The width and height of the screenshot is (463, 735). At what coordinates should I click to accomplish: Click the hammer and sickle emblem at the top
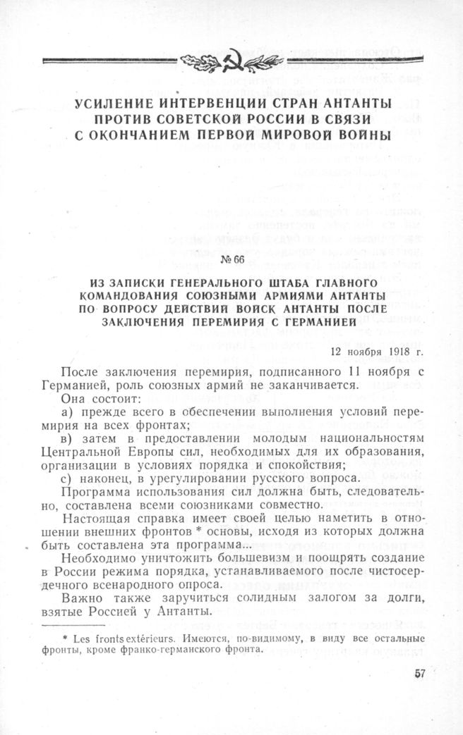pos(231,62)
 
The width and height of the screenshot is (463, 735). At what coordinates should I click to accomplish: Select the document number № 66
pos(232,259)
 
